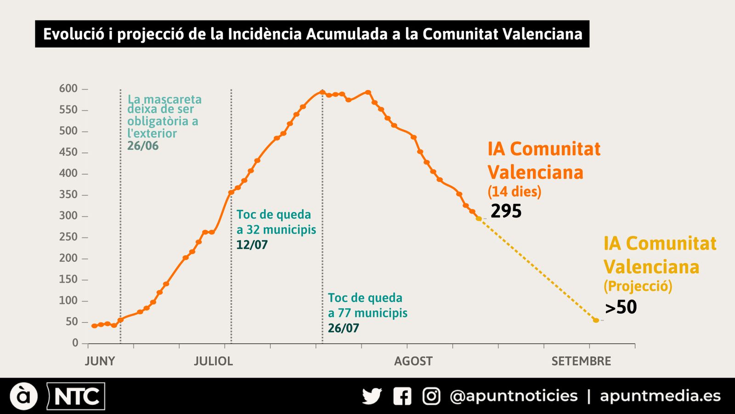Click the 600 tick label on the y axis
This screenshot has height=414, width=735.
(68, 88)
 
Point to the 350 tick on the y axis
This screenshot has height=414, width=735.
(68, 195)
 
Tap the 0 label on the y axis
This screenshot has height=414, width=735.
(75, 343)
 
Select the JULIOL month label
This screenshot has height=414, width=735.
(213, 361)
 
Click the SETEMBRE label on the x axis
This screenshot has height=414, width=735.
(581, 361)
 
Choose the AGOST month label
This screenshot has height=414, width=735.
(413, 361)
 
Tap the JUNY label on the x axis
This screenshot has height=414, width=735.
(100, 361)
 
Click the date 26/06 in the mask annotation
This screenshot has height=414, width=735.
(143, 146)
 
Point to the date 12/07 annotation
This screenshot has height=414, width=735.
(252, 245)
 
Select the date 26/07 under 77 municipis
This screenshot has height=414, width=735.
(343, 328)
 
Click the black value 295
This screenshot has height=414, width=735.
(506, 211)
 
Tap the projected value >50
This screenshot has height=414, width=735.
(621, 307)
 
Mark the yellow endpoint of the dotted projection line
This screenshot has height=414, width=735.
(596, 320)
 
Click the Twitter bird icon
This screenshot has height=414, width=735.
(372, 396)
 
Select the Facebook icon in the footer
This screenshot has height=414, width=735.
(402, 396)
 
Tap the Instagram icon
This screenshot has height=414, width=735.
(431, 396)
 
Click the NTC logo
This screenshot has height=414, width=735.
(76, 396)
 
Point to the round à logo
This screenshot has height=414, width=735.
(23, 396)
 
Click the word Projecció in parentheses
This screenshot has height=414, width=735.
(638, 286)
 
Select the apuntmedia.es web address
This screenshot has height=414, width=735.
(660, 396)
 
